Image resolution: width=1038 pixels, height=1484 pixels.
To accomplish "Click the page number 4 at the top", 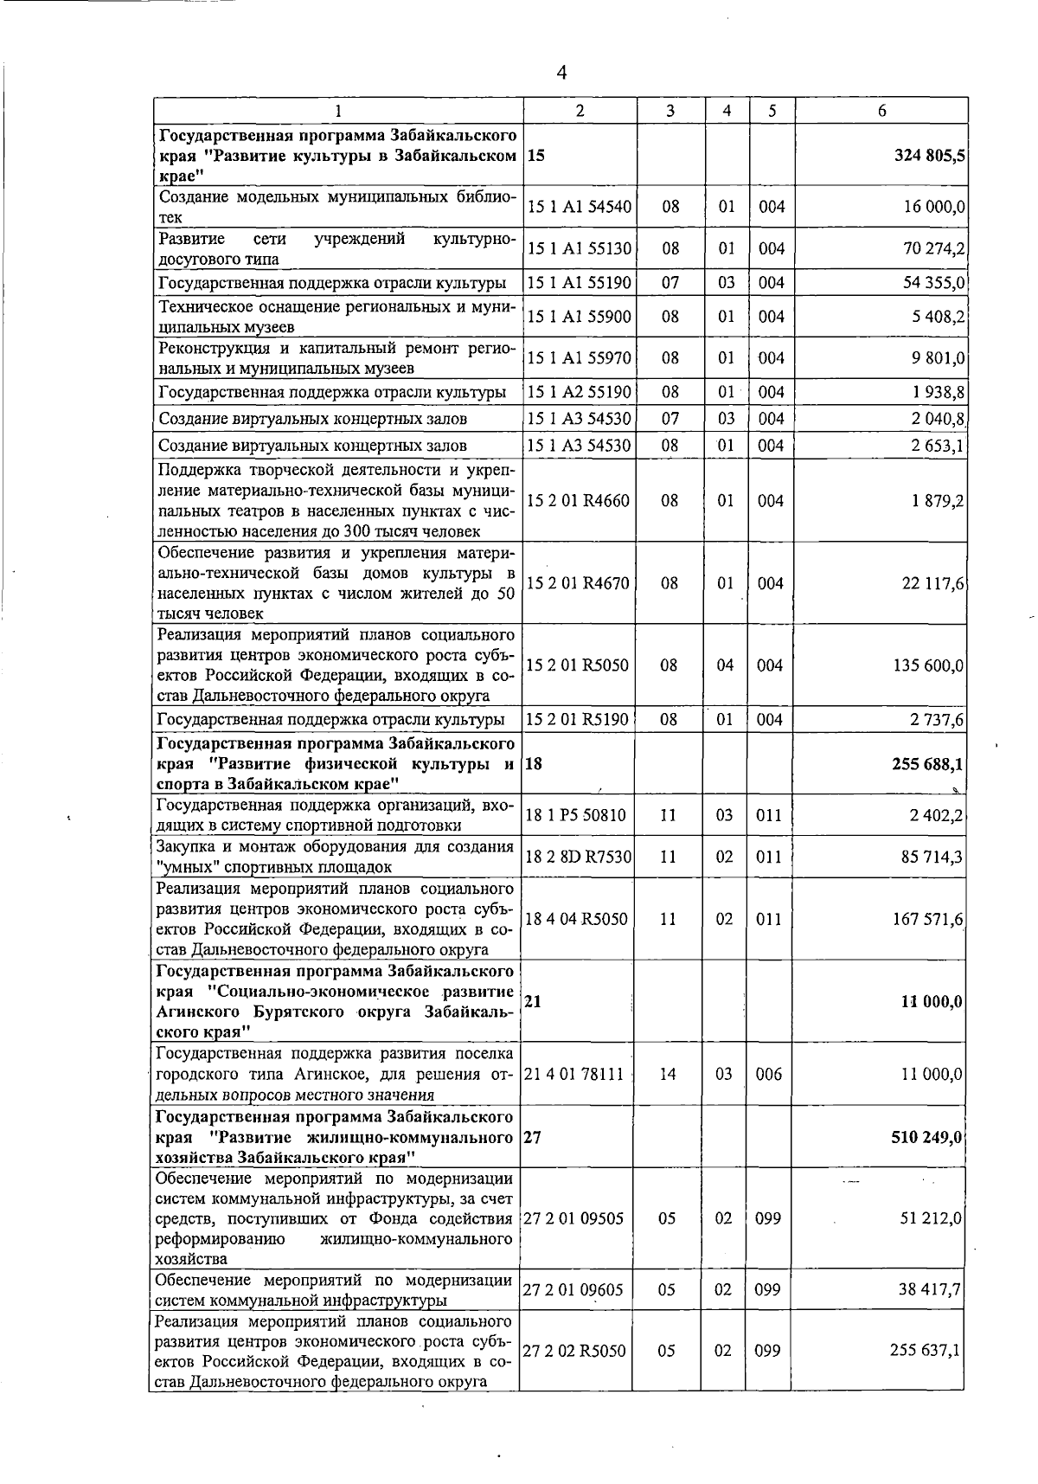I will tap(561, 73).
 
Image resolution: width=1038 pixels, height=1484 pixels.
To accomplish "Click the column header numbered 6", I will tap(881, 111).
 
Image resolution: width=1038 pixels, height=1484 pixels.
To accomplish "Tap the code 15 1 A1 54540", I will tap(579, 207).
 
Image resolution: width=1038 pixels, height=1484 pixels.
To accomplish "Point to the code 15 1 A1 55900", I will tap(579, 317).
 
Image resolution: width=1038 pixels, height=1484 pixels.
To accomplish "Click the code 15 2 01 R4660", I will tap(578, 501).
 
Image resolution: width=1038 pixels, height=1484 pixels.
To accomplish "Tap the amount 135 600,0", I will tap(929, 665).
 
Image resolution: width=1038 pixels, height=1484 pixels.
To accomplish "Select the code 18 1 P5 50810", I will tap(576, 815).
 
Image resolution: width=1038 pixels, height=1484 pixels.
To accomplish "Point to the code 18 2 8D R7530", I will tap(579, 857).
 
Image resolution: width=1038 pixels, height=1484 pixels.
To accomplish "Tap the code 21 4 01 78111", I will tap(574, 1074).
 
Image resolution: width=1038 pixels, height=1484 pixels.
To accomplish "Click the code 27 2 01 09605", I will tap(573, 1290).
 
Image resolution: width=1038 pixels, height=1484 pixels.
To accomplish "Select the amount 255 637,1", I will tap(926, 1351).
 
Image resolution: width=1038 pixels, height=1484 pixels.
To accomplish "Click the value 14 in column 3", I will tap(668, 1074).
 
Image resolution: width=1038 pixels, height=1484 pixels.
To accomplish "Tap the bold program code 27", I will tap(534, 1137).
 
